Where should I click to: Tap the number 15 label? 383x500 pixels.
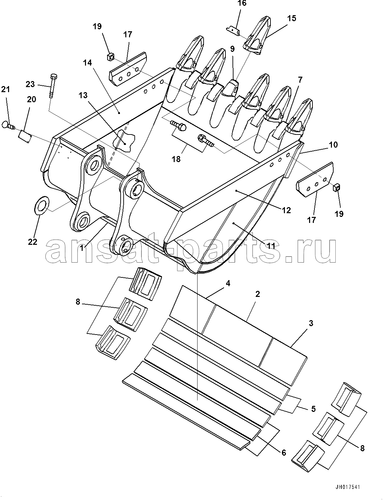pos(292,18)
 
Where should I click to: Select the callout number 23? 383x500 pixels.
pos(30,84)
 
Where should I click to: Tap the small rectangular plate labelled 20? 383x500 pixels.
pos(24,136)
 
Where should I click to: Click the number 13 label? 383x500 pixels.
pos(83,95)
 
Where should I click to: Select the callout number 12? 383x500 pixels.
pos(286,210)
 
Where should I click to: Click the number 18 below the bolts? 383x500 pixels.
pos(176,159)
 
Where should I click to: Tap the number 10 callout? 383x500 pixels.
pos(333,145)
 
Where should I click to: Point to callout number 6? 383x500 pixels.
pos(284,453)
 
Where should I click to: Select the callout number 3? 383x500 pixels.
pos(311,323)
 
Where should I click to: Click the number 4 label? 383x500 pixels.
pos(228,283)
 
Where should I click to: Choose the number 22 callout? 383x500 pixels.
pos(33,242)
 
